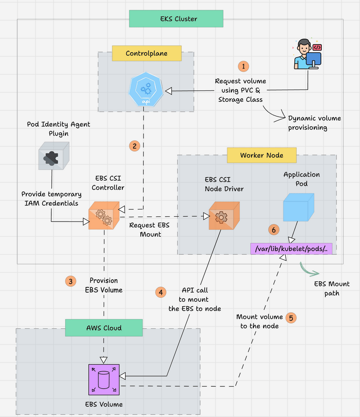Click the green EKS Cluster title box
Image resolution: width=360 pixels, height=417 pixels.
pyautogui.click(x=176, y=19)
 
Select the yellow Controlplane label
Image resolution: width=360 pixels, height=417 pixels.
pyautogui.click(x=146, y=53)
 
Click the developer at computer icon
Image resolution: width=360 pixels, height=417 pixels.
pyautogui.click(x=308, y=54)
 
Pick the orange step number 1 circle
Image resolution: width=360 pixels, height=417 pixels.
pyautogui.click(x=243, y=66)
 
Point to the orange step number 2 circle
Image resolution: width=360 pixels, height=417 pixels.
pyautogui.click(x=134, y=145)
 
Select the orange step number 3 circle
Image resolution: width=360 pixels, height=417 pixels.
pyautogui.click(x=71, y=281)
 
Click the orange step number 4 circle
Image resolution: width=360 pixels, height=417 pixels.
pyautogui.click(x=161, y=291)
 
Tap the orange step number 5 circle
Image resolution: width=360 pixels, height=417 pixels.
pyautogui.click(x=291, y=317)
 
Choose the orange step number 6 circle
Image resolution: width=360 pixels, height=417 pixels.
pyautogui.click(x=273, y=229)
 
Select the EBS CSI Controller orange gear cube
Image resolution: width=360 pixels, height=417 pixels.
pyautogui.click(x=103, y=216)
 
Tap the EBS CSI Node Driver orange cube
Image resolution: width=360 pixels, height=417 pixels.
pyautogui.click(x=224, y=215)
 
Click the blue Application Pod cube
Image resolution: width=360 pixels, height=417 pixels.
pyautogui.click(x=297, y=208)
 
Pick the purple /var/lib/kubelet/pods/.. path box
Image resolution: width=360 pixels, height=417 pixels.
pyautogui.click(x=293, y=248)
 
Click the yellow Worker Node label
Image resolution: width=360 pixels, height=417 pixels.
pyautogui.click(x=261, y=155)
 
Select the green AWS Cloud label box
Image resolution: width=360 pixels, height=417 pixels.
pyautogui.click(x=103, y=328)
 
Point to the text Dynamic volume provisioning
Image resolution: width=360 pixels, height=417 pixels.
pyautogui.click(x=315, y=123)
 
